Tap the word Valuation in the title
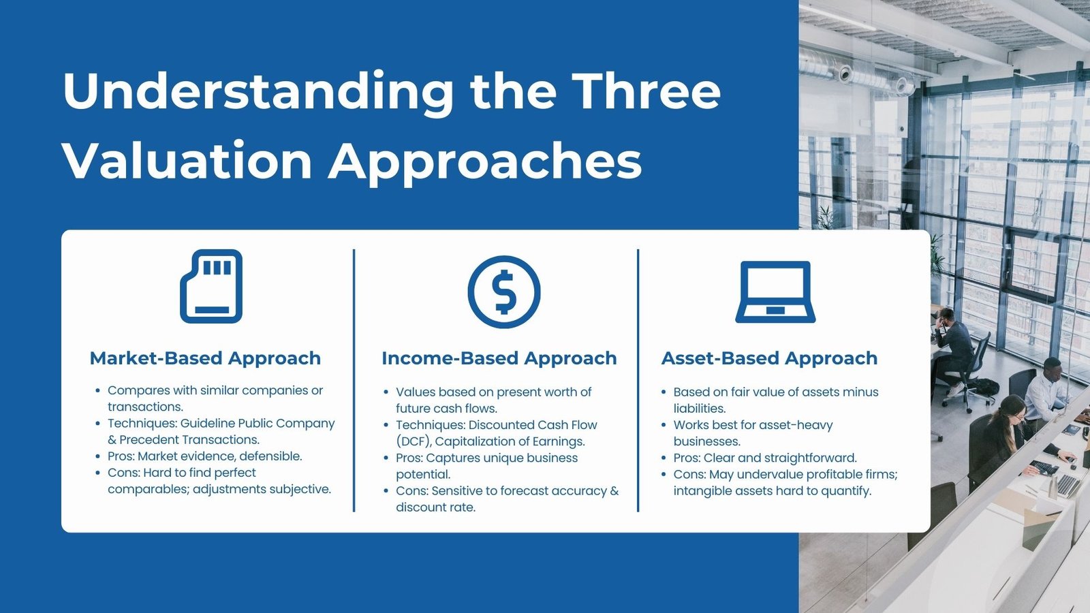(187, 160)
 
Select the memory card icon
(211, 286)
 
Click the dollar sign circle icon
(504, 292)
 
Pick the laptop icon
(775, 292)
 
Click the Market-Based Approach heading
(205, 358)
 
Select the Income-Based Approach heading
(499, 358)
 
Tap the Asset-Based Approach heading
(769, 358)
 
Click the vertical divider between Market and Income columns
(354, 381)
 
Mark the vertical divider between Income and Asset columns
(638, 381)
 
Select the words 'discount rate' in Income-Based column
(435, 507)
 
